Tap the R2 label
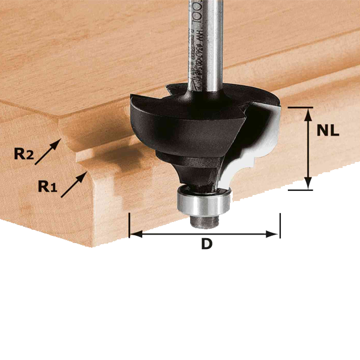click(25, 154)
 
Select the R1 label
click(47, 187)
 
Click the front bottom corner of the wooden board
click(92, 245)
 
